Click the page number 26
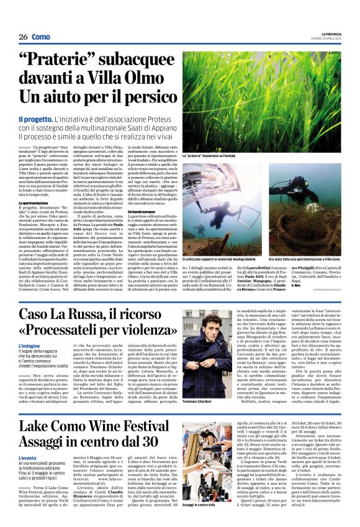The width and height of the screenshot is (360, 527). (x=22, y=37)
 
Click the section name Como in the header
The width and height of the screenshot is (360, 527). (x=42, y=37)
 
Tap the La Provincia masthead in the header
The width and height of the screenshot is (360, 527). (x=328, y=34)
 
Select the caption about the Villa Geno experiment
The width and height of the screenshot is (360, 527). (x=304, y=258)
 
